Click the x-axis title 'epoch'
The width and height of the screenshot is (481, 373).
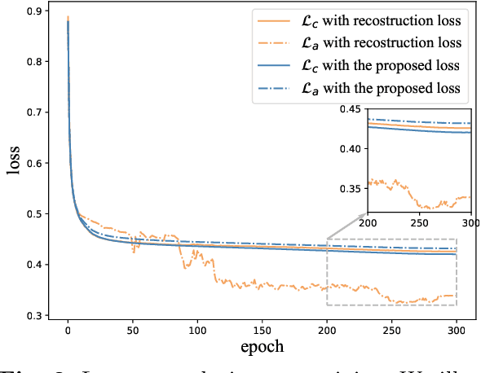coord(262,346)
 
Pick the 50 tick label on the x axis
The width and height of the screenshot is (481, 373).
coord(132,331)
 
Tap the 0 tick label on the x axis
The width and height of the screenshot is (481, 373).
coord(68,331)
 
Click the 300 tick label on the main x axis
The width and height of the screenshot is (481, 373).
coord(456,331)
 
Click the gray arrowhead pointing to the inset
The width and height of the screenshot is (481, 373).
coord(363,213)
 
